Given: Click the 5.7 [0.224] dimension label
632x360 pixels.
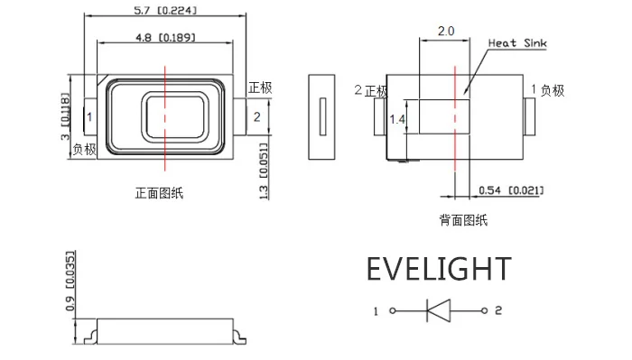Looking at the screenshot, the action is (x=165, y=10).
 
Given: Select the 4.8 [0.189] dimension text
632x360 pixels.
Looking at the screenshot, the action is (x=165, y=38).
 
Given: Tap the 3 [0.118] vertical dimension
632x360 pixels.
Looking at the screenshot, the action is (x=65, y=116).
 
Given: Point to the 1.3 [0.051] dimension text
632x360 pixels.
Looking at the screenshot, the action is (x=264, y=171).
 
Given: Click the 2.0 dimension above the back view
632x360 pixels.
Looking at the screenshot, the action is (x=446, y=31).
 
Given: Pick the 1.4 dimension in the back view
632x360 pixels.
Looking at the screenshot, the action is (x=397, y=119).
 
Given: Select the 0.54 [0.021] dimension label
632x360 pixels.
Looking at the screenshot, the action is (x=511, y=190).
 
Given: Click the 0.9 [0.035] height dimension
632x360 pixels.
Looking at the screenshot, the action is (x=70, y=282).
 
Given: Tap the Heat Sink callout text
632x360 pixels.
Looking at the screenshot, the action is (x=517, y=43).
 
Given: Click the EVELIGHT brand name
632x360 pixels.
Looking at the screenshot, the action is (x=439, y=269).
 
